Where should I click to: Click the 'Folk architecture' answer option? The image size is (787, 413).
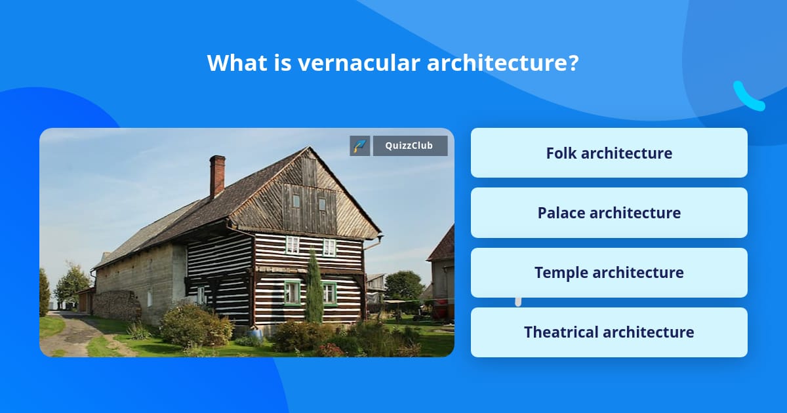(x=609, y=153)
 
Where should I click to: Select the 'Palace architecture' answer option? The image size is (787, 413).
(x=609, y=212)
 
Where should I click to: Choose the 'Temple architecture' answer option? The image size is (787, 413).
(x=609, y=272)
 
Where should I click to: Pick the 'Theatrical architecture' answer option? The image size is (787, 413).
(x=609, y=332)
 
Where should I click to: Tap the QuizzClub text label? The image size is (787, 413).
(x=410, y=146)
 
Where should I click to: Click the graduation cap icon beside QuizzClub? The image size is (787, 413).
(x=360, y=146)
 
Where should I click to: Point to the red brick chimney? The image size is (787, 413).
(x=217, y=176)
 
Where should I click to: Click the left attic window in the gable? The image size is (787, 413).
(x=296, y=201)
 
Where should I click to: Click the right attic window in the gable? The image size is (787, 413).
(x=322, y=204)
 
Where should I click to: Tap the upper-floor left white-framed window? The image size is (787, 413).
(x=293, y=245)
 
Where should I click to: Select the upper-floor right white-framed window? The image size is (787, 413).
(x=329, y=247)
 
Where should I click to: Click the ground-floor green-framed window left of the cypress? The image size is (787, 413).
(x=292, y=292)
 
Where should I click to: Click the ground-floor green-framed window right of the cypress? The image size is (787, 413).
(x=329, y=294)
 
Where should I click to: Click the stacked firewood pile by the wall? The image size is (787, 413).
(x=116, y=305)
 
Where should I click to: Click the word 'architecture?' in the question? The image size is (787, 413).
(x=503, y=63)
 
